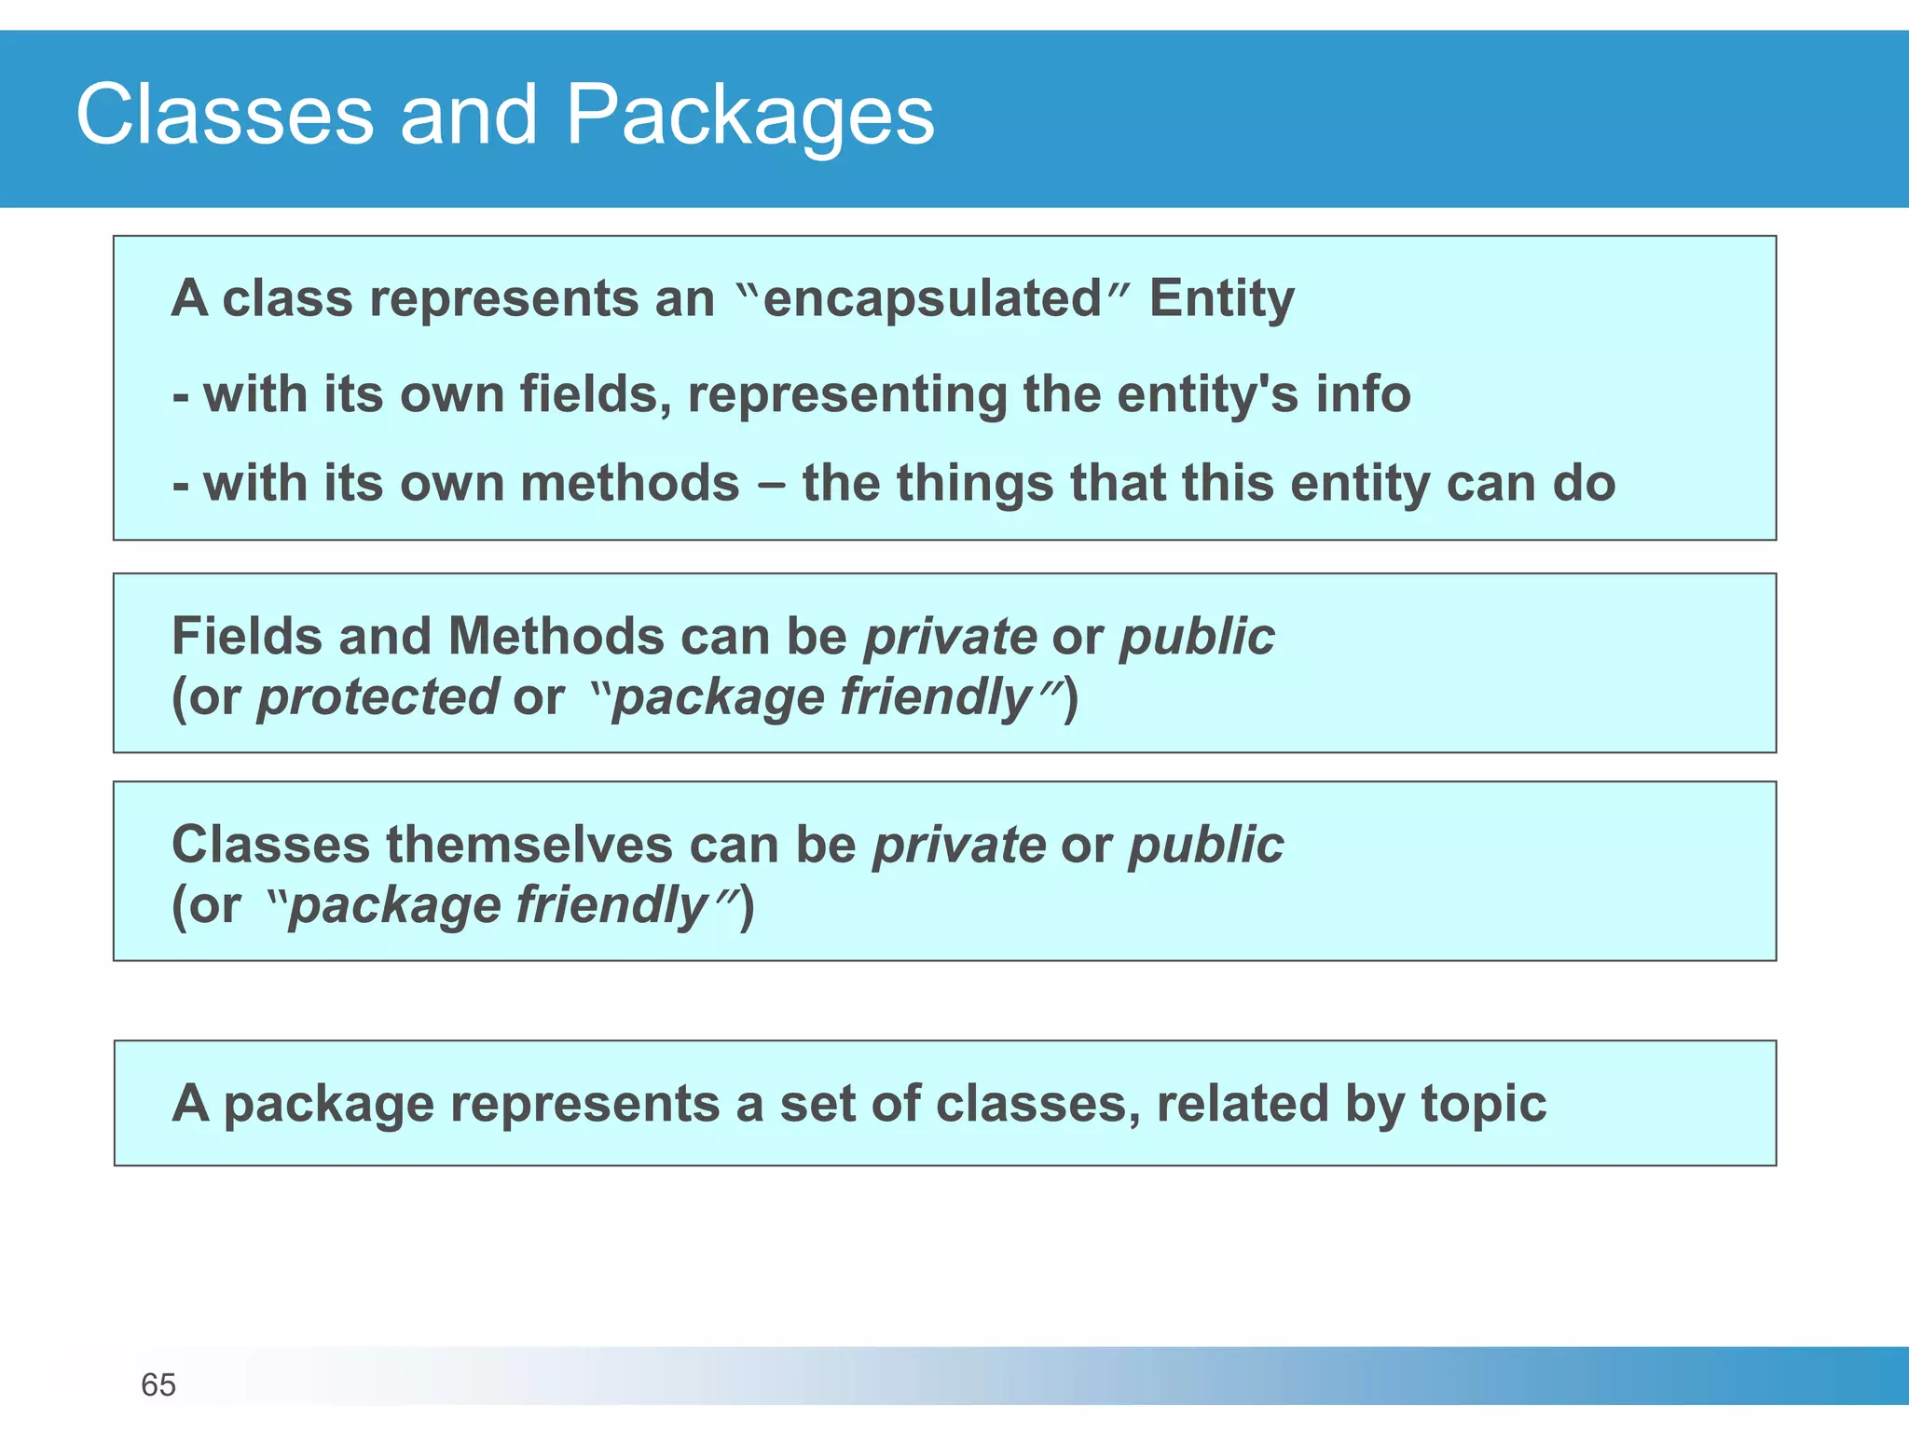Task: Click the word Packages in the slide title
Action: point(749,116)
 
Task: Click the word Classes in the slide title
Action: point(225,116)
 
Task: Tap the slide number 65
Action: point(158,1384)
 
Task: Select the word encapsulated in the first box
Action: point(932,298)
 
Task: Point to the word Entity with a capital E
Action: point(1221,298)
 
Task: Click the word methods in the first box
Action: point(629,483)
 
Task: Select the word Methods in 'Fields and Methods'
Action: point(556,637)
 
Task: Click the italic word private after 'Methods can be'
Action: point(950,637)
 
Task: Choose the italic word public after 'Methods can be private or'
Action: point(1197,637)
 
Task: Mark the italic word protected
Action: point(378,697)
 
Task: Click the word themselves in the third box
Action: point(529,845)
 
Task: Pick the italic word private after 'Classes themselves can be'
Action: point(958,845)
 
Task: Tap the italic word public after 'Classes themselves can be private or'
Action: point(1206,845)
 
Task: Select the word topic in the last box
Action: point(1483,1104)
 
